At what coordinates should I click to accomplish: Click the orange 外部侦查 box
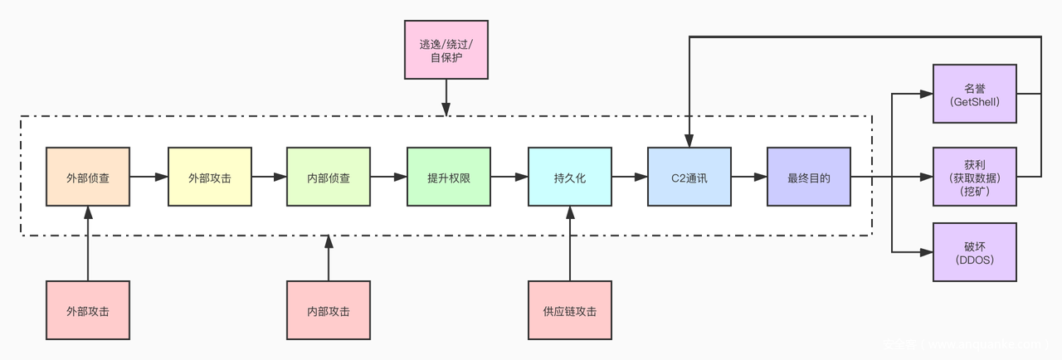point(87,177)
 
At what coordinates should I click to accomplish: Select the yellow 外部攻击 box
point(209,177)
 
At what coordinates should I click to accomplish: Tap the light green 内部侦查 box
point(328,177)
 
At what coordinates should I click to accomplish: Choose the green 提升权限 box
point(448,177)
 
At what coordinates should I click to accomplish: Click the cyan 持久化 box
point(569,177)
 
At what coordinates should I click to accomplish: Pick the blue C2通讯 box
point(689,177)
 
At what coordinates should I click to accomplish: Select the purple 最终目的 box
point(808,177)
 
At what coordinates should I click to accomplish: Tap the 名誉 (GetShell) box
point(974,93)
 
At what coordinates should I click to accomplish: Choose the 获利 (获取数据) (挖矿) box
point(974,177)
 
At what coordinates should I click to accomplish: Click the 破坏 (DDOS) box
point(974,251)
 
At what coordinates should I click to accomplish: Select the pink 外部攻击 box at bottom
point(87,310)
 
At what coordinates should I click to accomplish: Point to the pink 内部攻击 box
point(328,310)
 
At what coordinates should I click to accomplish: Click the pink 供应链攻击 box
point(569,310)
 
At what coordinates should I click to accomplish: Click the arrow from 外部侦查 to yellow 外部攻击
point(149,177)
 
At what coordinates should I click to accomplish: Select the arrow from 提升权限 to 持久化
point(509,177)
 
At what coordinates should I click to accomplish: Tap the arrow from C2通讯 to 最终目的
point(748,177)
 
